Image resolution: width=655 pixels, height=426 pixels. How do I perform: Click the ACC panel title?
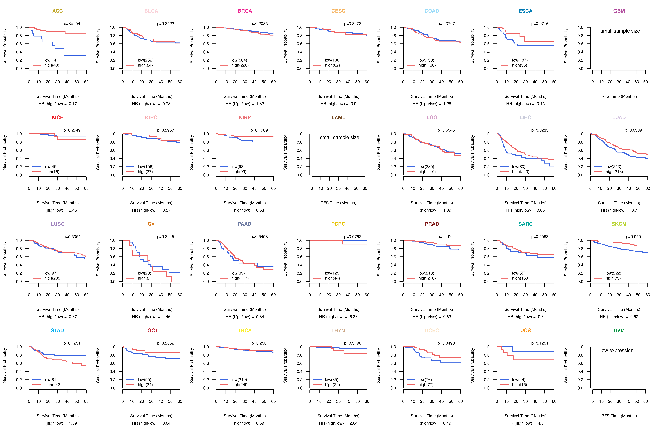tap(58, 11)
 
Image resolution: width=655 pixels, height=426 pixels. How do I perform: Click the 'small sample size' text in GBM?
tap(620, 31)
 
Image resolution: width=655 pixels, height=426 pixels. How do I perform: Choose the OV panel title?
tap(151, 224)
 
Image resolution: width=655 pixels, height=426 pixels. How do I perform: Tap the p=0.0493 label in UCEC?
tap(446, 343)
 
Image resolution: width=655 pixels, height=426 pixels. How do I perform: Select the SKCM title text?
tap(619, 224)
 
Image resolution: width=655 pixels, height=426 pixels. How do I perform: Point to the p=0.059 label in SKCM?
tap(633, 237)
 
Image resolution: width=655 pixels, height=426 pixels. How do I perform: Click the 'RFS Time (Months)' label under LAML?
tap(338, 203)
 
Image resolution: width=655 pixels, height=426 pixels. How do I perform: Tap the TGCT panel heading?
tap(151, 330)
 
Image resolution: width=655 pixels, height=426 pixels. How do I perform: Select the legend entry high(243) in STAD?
tap(53, 385)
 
